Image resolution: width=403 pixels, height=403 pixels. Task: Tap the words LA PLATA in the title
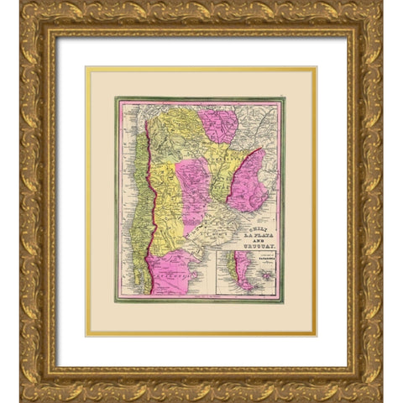point(254,227)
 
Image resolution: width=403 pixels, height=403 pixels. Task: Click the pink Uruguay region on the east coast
point(249,181)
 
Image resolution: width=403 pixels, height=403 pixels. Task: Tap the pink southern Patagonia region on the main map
point(172,273)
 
